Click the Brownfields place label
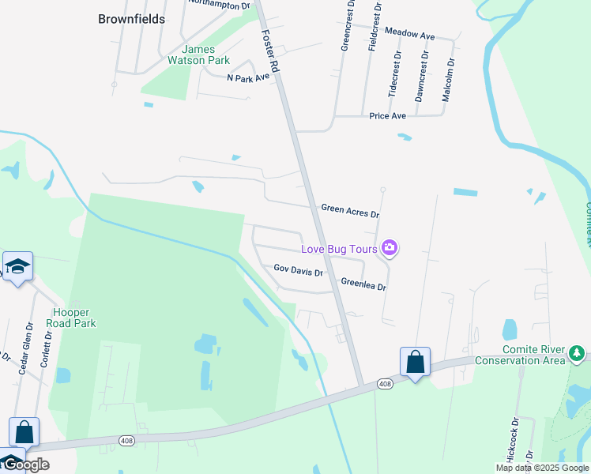(132, 19)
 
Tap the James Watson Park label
(198, 55)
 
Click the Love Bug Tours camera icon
(389, 249)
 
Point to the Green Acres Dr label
(350, 211)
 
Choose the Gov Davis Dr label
(298, 270)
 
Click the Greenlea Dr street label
(363, 284)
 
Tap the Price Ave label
(387, 116)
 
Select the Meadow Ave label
(409, 36)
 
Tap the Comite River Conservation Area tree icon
(578, 353)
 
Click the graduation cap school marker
(17, 267)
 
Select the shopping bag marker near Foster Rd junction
(415, 363)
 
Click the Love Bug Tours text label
(339, 250)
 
